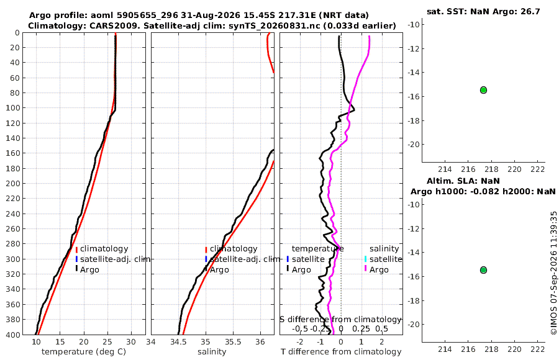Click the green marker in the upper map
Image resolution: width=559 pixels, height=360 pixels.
click(483, 90)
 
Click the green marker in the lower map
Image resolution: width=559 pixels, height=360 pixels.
click(483, 270)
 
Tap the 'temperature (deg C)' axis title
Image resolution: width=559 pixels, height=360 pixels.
click(84, 352)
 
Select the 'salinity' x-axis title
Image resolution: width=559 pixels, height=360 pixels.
click(212, 352)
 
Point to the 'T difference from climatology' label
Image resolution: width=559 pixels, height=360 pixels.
click(341, 352)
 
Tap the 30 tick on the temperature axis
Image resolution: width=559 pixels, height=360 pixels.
click(131, 342)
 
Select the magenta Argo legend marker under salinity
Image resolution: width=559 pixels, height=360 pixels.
click(366, 269)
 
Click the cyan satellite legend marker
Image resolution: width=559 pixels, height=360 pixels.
click(366, 259)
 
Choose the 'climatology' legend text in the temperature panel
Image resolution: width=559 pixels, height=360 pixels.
click(104, 249)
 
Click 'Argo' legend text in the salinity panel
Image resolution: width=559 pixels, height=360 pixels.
click(219, 270)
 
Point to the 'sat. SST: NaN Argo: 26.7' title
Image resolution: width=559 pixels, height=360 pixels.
click(483, 11)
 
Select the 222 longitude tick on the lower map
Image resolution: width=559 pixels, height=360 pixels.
click(539, 349)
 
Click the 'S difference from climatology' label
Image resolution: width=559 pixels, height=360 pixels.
click(340, 320)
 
